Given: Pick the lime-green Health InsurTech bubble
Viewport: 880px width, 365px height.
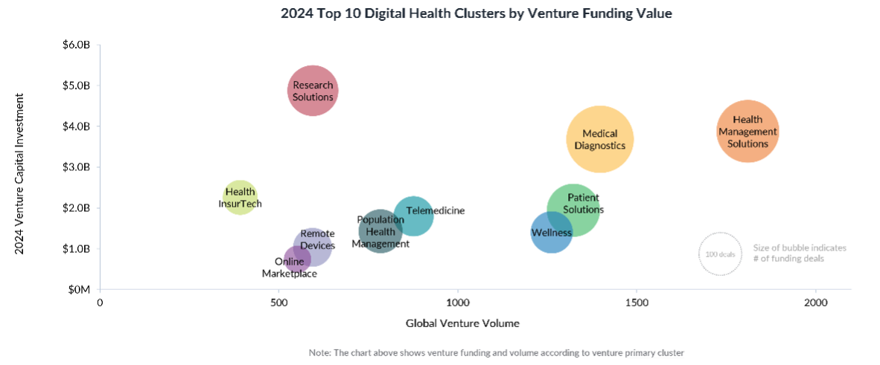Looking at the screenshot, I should pos(240,197).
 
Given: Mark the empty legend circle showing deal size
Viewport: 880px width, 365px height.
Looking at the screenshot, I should pos(719,253).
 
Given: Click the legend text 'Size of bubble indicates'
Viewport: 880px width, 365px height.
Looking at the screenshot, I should pos(800,248).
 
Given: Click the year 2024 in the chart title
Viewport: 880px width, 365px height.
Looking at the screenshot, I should pos(296,14).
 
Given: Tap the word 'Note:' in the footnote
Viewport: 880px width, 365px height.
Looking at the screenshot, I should pos(319,352).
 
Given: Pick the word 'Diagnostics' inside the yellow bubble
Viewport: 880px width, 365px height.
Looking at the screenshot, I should pos(600,146).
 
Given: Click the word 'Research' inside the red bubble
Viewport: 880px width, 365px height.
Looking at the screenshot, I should pos(313,85).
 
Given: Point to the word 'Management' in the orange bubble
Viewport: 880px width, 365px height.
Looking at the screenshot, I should pos(748,132).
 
